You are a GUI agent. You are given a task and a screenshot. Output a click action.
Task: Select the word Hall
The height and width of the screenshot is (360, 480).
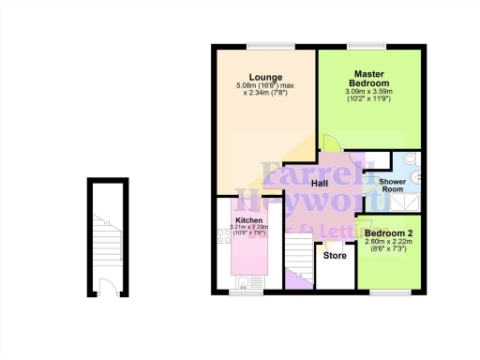[319, 183]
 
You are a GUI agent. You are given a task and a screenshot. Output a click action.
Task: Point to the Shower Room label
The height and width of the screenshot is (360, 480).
[390, 184]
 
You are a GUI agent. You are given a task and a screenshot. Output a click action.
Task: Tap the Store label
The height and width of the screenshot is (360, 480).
[335, 254]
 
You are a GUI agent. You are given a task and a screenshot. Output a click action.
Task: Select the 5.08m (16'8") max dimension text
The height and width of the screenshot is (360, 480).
[265, 87]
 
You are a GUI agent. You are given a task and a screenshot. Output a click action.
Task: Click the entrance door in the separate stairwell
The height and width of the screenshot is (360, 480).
[106, 286]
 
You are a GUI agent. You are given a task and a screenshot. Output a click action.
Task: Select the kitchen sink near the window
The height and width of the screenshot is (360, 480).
[243, 281]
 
